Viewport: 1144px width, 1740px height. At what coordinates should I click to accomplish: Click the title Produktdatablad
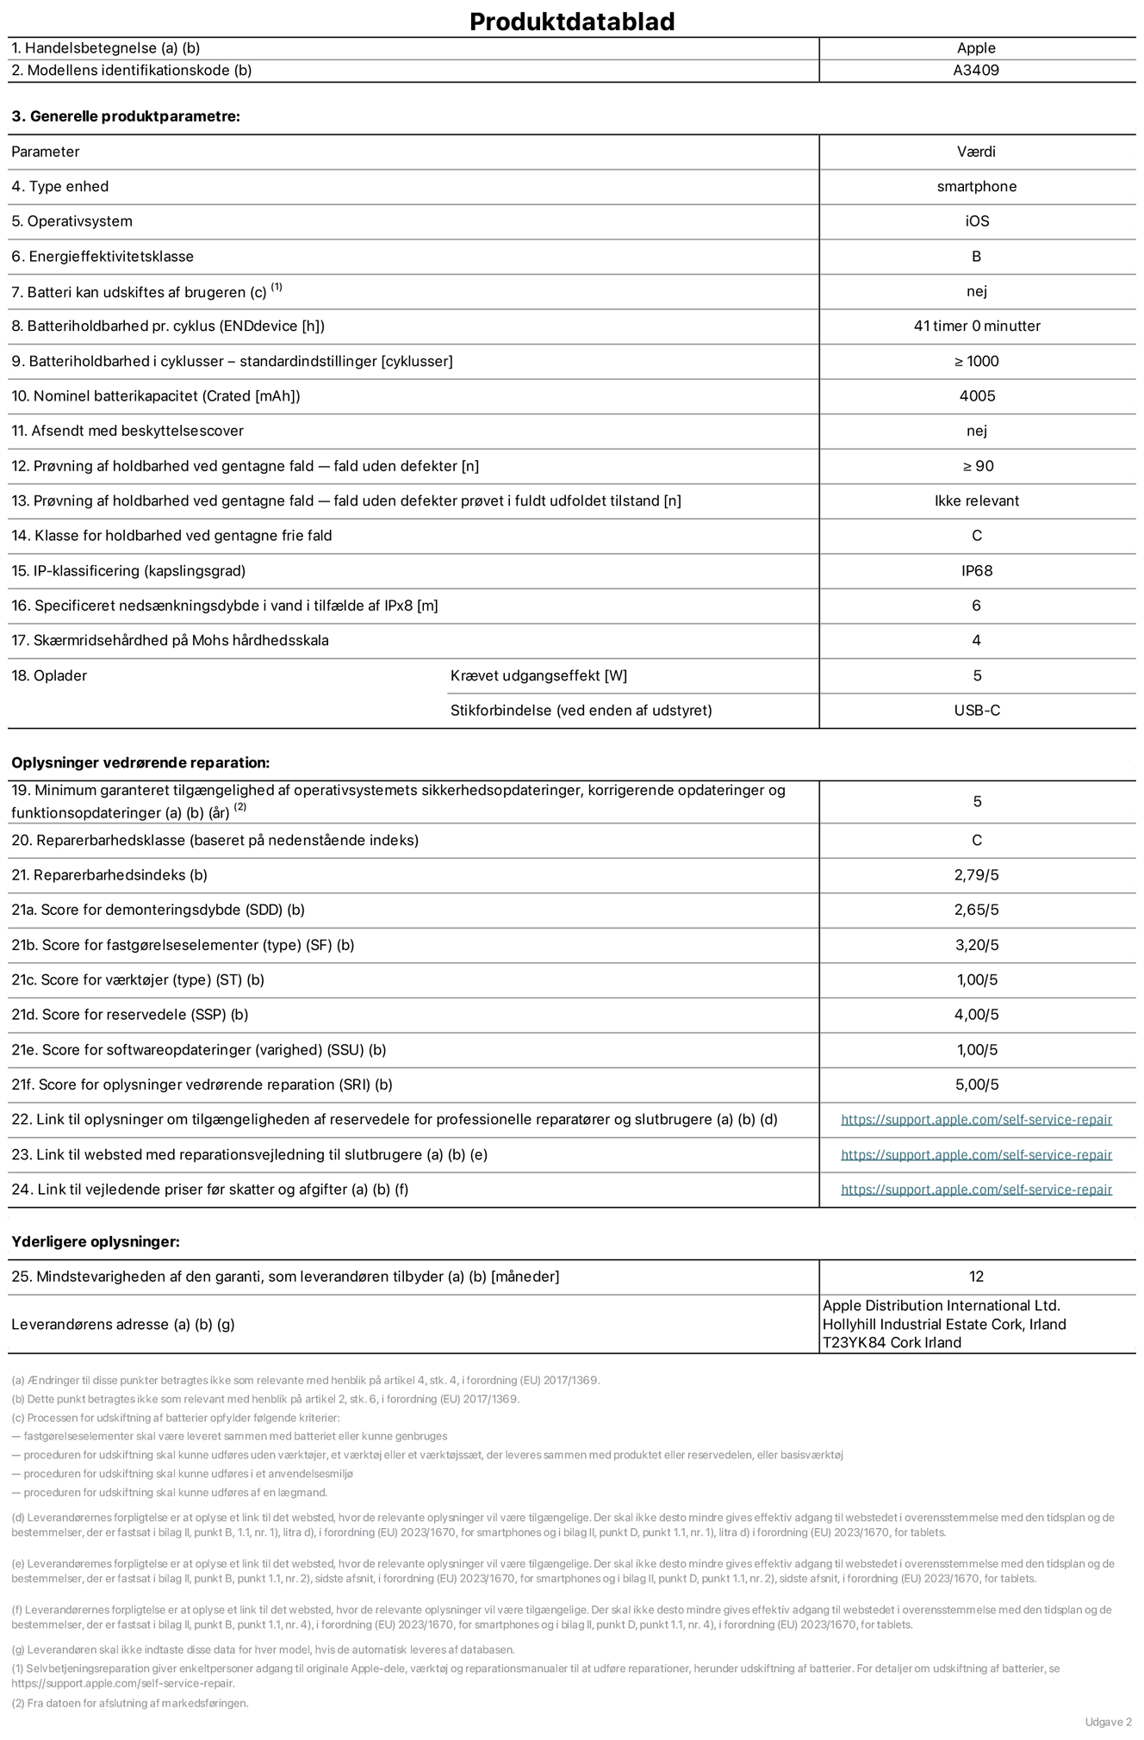pyautogui.click(x=572, y=22)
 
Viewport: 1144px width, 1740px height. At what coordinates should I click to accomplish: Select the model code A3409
pyautogui.click(x=976, y=71)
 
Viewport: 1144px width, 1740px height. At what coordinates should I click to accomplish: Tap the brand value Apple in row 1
pyautogui.click(x=976, y=48)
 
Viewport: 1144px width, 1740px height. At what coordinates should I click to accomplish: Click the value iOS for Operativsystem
pyautogui.click(x=977, y=221)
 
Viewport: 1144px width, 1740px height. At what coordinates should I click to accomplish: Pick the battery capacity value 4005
pyautogui.click(x=977, y=396)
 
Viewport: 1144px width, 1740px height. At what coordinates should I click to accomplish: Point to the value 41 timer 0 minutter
pyautogui.click(x=977, y=326)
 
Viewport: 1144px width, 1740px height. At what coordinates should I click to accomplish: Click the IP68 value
pyautogui.click(x=977, y=571)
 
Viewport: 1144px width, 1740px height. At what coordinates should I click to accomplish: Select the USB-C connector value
pyautogui.click(x=977, y=711)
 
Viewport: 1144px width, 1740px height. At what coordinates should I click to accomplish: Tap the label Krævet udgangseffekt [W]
pyautogui.click(x=538, y=676)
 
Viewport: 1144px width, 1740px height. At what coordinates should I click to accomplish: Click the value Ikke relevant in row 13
pyautogui.click(x=977, y=501)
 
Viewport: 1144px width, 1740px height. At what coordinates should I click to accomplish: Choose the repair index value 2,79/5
pyautogui.click(x=977, y=875)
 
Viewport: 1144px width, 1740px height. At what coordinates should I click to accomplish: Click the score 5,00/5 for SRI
pyautogui.click(x=977, y=1085)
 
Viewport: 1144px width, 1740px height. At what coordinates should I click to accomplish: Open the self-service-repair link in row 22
pyautogui.click(x=976, y=1120)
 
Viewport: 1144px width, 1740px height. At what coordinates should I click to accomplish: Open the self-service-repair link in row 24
pyautogui.click(x=976, y=1190)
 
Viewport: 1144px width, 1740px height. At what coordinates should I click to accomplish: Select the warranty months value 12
pyautogui.click(x=976, y=1277)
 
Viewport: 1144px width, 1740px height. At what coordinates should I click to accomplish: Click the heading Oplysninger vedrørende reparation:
pyautogui.click(x=140, y=763)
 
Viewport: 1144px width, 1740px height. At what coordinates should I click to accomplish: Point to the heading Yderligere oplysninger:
pyautogui.click(x=96, y=1242)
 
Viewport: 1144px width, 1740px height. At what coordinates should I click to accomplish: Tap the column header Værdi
pyautogui.click(x=976, y=152)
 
